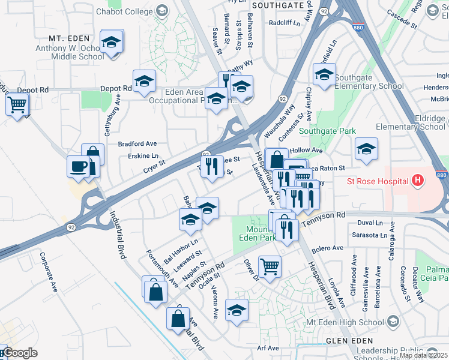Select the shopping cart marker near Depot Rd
[17, 105]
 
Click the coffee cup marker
[79, 166]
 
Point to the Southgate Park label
[327, 131]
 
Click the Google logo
[19, 353]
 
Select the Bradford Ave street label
[137, 144]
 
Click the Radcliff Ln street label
[284, 22]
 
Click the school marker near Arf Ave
[237, 310]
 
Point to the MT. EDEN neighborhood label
[65, 37]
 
